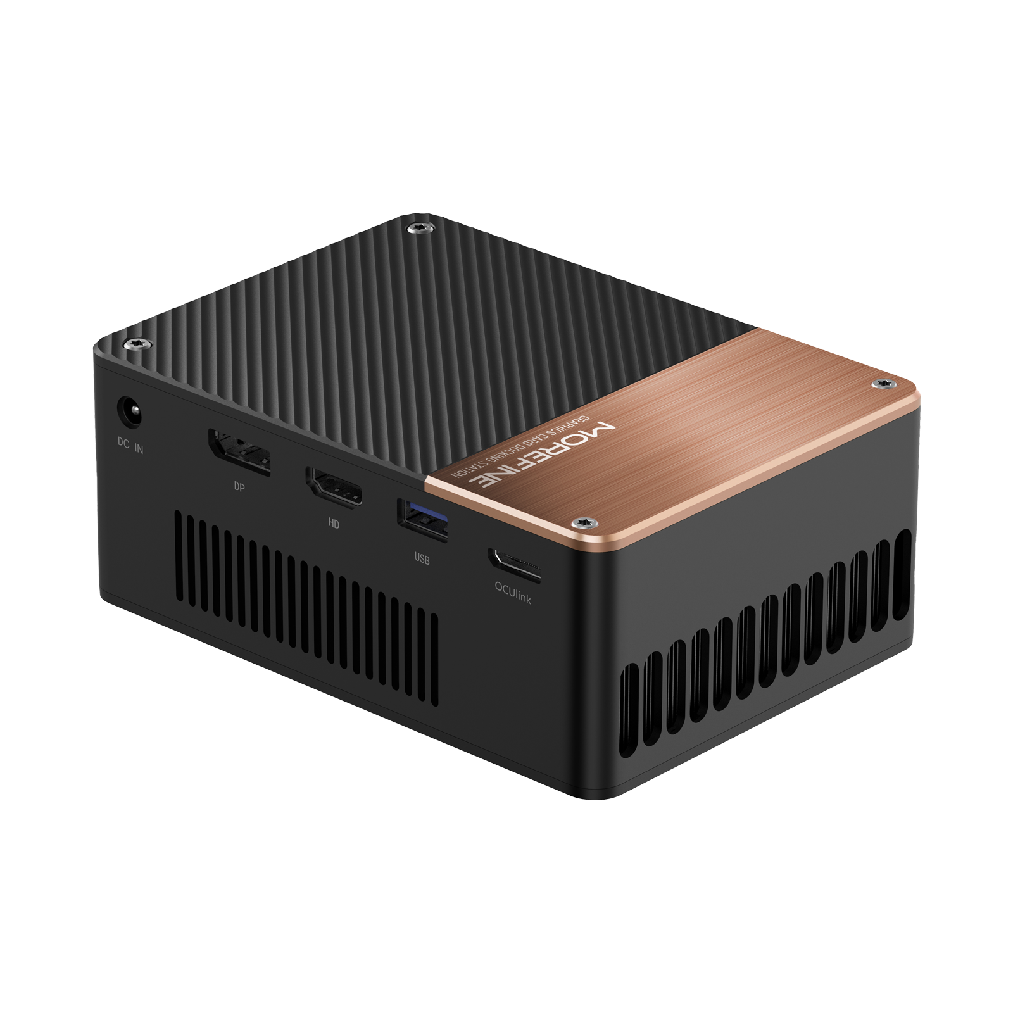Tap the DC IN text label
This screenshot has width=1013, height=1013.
point(130,446)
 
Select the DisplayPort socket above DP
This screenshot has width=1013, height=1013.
point(239,452)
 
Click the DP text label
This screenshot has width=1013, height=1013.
point(239,487)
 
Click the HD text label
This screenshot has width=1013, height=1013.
point(334,524)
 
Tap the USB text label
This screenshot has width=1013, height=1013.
point(422,559)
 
